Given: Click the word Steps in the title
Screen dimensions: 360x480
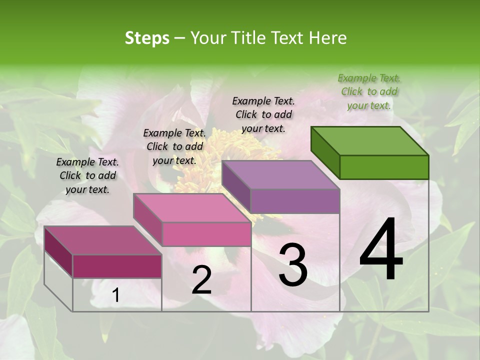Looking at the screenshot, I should pyautogui.click(x=147, y=38).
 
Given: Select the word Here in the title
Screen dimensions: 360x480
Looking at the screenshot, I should pyautogui.click(x=328, y=38).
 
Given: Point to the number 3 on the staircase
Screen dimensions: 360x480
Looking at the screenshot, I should pyautogui.click(x=292, y=265).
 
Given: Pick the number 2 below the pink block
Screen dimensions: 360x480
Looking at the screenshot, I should pyautogui.click(x=201, y=280).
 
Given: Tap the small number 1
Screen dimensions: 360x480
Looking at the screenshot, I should pyautogui.click(x=116, y=295).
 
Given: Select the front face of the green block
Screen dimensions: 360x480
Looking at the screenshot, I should pyautogui.click(x=384, y=167).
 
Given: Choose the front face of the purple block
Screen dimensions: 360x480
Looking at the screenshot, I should pyautogui.click(x=295, y=201).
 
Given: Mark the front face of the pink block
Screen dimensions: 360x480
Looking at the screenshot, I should pyautogui.click(x=206, y=234).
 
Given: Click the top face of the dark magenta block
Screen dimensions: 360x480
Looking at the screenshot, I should pyautogui.click(x=103, y=240).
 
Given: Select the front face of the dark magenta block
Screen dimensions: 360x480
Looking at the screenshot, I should pyautogui.click(x=117, y=266).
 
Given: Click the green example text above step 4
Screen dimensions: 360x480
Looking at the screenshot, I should pyautogui.click(x=369, y=91).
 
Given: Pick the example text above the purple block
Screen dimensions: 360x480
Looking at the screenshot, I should pyautogui.click(x=263, y=114).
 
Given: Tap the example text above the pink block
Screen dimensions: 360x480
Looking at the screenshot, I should pyautogui.click(x=174, y=146).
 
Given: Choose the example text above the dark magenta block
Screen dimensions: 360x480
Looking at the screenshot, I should pyautogui.click(x=87, y=175).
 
